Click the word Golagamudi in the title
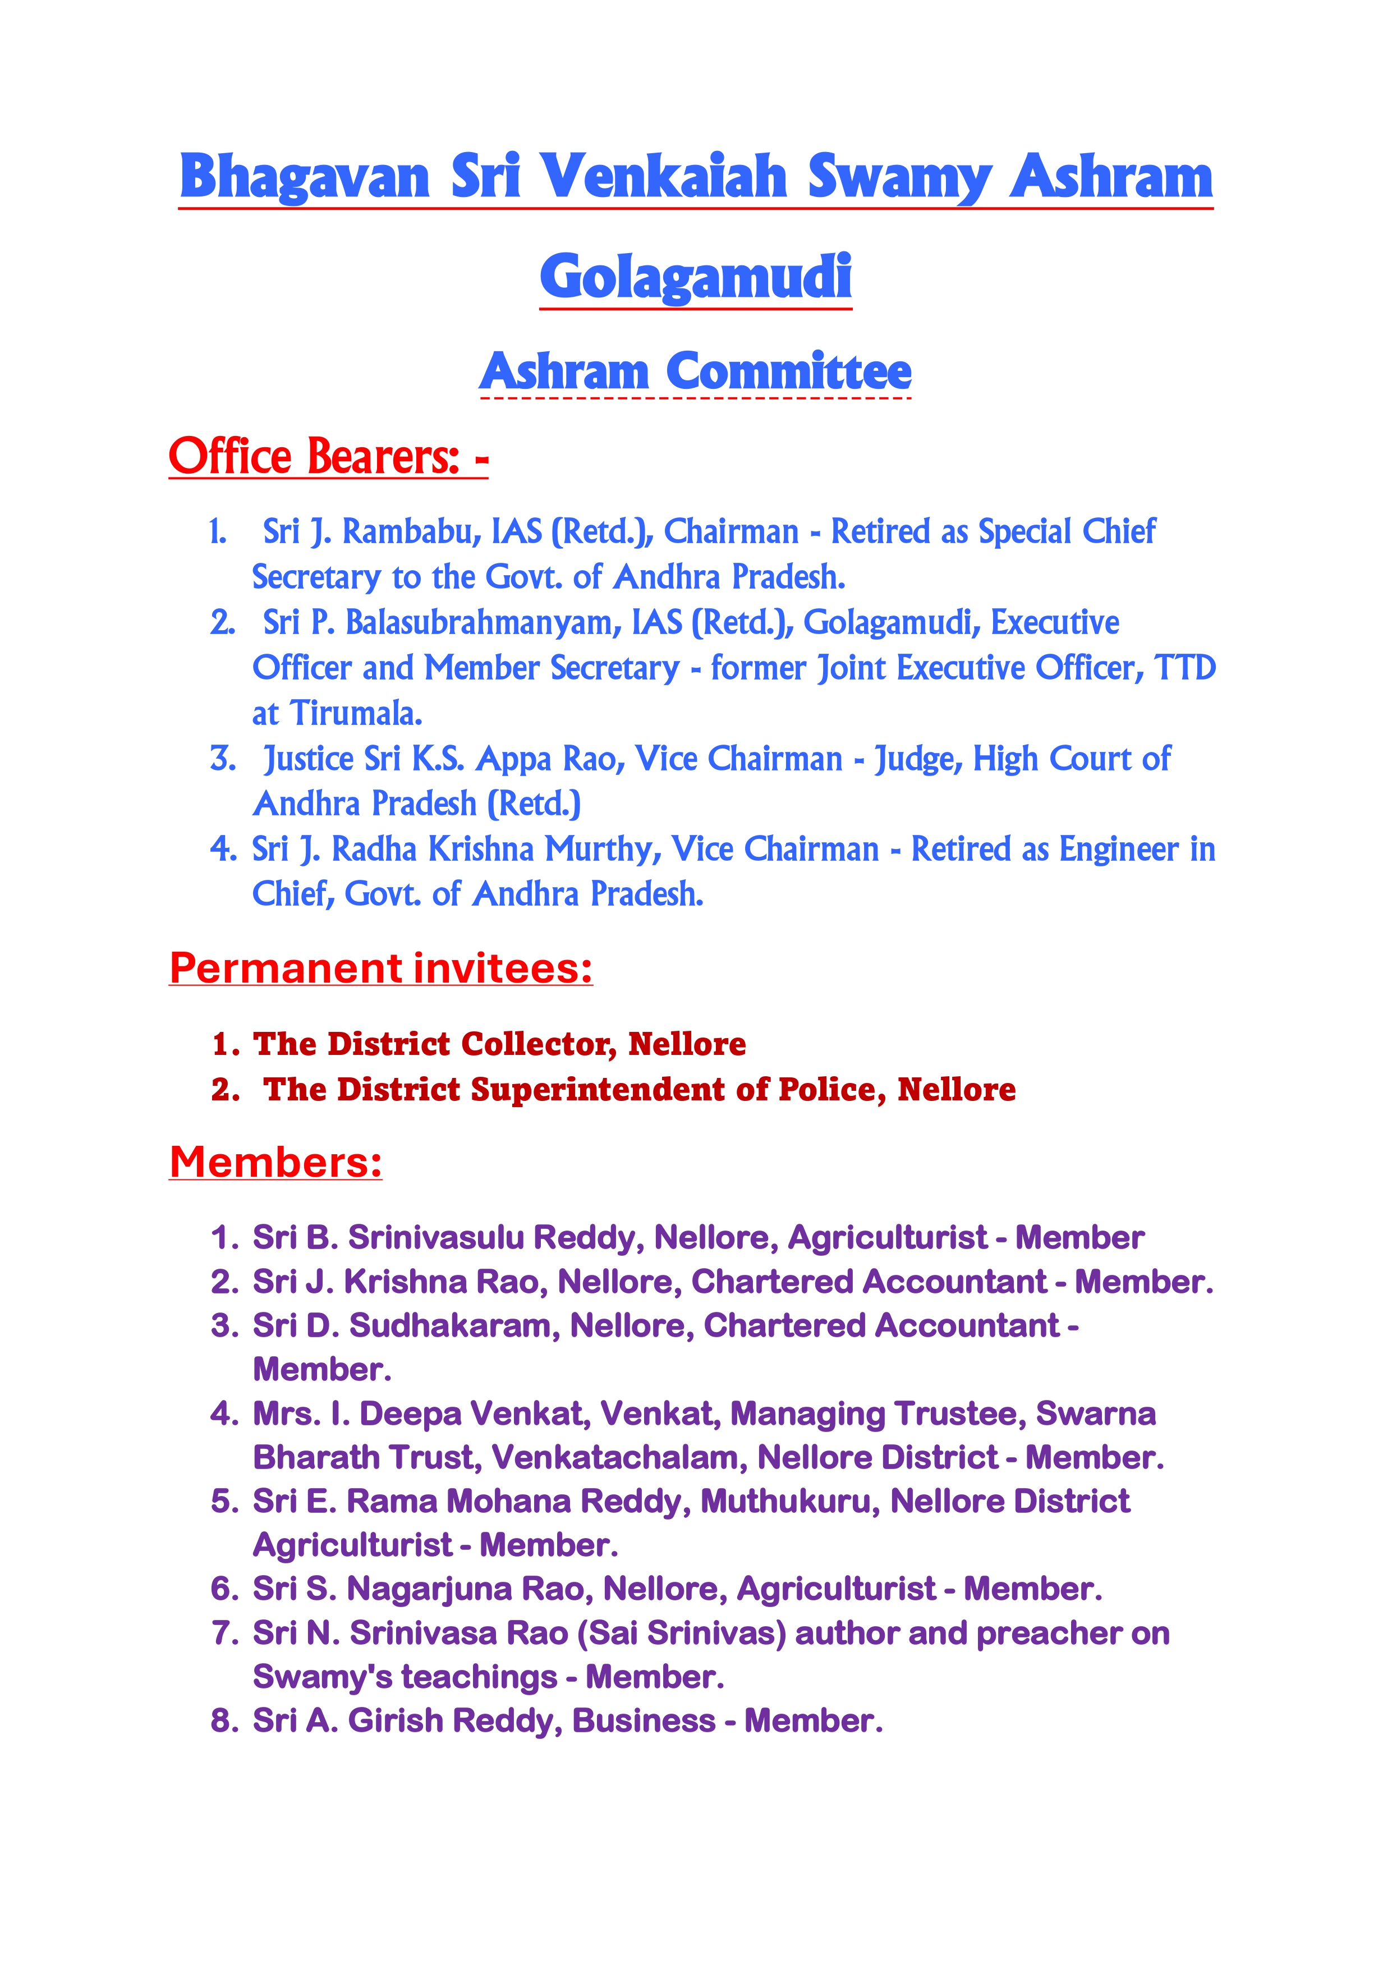point(696,276)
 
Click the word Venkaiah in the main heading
point(665,177)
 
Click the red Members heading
point(275,1162)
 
